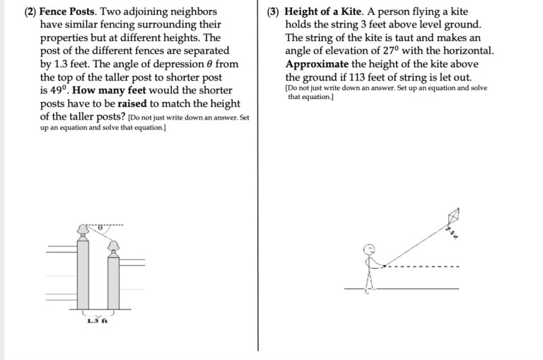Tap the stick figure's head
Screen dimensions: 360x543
(368, 248)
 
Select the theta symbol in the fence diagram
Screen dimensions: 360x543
(100, 228)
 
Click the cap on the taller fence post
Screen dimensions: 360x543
(83, 229)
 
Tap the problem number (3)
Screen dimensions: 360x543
(274, 12)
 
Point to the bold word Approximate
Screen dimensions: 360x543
(317, 64)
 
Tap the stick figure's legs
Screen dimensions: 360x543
(368, 281)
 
